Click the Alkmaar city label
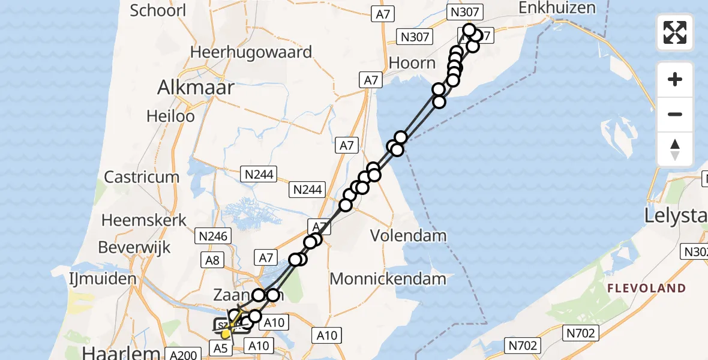point(196,88)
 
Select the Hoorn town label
point(412,62)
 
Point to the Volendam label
point(408,235)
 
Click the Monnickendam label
point(388,278)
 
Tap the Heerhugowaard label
point(251,52)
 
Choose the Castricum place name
point(142,177)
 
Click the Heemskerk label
point(144,220)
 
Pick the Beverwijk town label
point(134,247)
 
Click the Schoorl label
point(158,10)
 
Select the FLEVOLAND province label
point(646,289)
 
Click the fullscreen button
point(675,32)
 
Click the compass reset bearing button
point(675,149)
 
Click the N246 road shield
point(214,236)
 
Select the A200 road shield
point(182,355)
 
